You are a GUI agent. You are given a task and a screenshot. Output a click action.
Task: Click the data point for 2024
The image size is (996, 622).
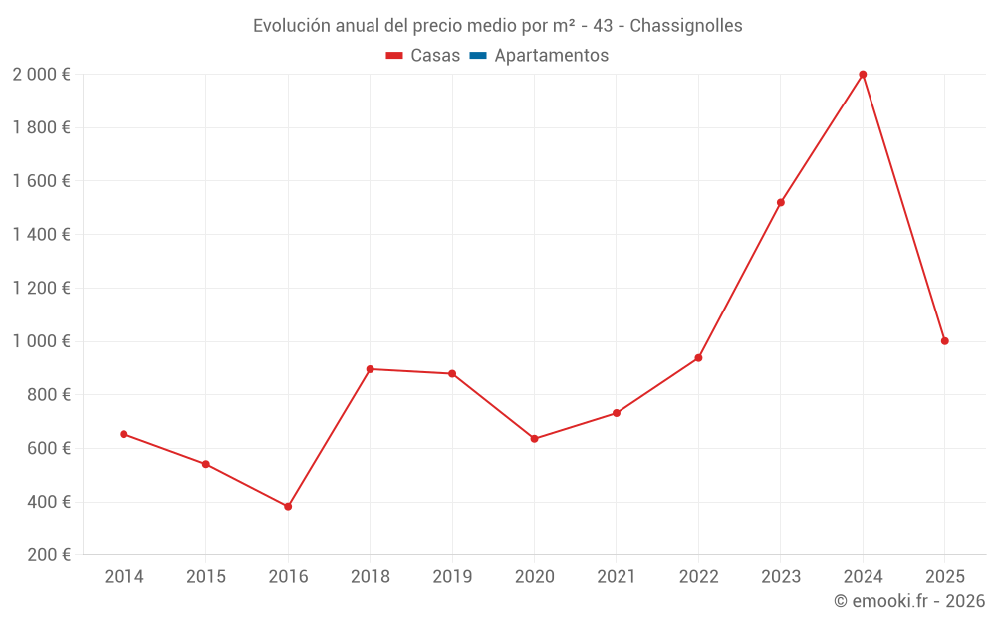coord(863,75)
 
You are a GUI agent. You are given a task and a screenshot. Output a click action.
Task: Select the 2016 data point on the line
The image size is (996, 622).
coord(288,507)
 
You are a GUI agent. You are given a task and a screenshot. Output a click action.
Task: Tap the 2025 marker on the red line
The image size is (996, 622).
coord(944,341)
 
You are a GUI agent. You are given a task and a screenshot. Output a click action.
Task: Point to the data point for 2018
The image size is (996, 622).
coord(370,369)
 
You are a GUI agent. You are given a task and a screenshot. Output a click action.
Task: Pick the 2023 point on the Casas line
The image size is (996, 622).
coord(781,203)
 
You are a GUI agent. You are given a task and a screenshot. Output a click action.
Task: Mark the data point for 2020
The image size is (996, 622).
coord(534,439)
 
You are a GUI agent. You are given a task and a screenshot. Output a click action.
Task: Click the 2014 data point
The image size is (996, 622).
coord(124,434)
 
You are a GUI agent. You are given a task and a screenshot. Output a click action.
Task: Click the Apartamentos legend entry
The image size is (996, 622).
coord(551,56)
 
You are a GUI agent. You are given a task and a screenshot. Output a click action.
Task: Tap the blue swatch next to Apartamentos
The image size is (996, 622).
coord(476,56)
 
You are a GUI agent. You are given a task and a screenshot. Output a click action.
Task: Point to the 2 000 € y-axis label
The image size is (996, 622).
coord(41,75)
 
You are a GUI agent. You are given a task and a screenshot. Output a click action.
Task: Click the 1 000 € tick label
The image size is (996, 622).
coord(41,341)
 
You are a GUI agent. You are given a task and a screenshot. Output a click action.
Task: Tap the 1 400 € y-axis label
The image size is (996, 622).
coord(41,235)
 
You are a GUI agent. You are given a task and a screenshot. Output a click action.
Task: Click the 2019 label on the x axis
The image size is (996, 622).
coord(452,577)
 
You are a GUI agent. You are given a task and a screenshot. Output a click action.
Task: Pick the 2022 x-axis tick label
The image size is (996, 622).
coord(698,577)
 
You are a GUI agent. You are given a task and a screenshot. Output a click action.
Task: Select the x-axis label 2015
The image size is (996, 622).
coord(206,577)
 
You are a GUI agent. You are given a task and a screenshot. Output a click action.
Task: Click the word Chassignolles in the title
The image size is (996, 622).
coord(686,26)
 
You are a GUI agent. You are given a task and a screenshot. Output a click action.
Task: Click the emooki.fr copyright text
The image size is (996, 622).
coord(909,601)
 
